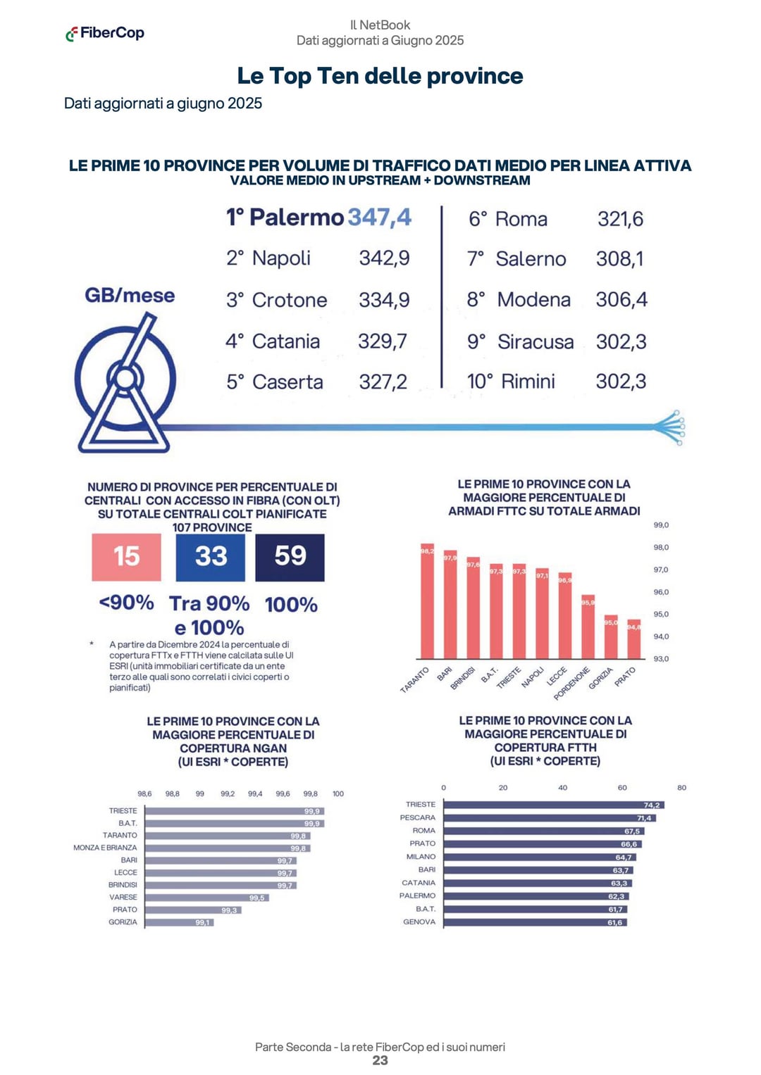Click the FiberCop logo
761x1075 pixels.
(x=105, y=33)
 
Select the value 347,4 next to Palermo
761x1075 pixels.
(x=380, y=217)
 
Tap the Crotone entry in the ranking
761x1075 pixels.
(x=289, y=300)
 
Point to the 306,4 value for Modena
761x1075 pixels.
(x=621, y=300)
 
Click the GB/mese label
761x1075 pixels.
(x=130, y=295)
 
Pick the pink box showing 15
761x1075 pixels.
(x=127, y=557)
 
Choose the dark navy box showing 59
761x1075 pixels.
(x=290, y=557)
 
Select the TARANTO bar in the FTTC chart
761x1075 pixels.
(x=427, y=602)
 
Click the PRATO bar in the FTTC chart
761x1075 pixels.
(x=634, y=639)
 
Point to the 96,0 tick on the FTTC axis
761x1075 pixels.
(x=661, y=592)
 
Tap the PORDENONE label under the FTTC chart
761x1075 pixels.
(x=571, y=684)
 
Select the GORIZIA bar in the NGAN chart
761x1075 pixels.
(x=179, y=922)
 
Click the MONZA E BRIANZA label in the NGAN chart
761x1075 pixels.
(x=105, y=848)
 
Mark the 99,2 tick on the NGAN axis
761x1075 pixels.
(x=228, y=793)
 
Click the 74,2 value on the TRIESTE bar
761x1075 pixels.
(x=652, y=805)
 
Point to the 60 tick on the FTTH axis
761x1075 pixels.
(x=622, y=788)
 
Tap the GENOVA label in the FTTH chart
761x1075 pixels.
(x=419, y=922)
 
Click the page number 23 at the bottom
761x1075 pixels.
(x=380, y=1060)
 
